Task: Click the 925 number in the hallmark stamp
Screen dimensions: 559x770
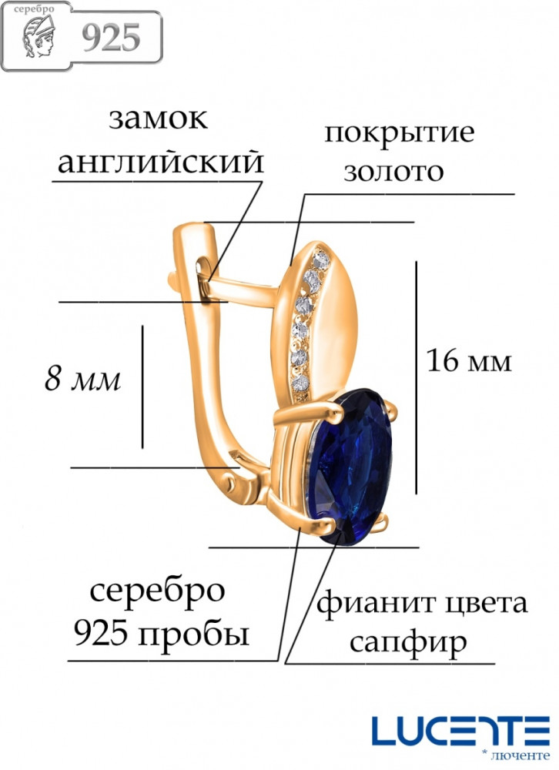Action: point(111,38)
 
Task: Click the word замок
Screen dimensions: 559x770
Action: point(158,119)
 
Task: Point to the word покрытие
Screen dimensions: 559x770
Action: point(400,132)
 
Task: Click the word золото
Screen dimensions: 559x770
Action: point(393,172)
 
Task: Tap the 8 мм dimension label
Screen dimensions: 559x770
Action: point(82,379)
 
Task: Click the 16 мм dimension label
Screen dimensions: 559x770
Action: point(469,361)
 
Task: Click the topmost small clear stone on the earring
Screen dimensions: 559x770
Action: point(321,260)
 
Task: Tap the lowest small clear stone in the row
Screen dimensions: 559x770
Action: point(300,383)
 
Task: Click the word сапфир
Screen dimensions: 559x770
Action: point(409,642)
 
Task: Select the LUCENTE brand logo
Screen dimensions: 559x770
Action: point(460,733)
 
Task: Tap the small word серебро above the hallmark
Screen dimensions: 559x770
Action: point(35,8)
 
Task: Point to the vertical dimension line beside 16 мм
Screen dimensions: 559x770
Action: point(416,377)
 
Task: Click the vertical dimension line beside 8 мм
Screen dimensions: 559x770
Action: point(142,387)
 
